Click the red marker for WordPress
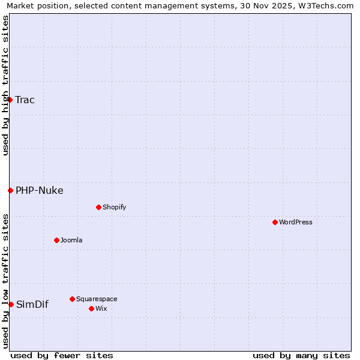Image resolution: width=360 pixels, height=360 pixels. point(275,222)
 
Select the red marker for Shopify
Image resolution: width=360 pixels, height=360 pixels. point(98,207)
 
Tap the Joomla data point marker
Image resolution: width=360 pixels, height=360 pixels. point(56,240)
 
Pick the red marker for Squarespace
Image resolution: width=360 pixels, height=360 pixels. point(72,299)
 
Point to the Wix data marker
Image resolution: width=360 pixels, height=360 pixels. point(91,308)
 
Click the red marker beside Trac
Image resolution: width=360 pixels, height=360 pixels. point(10,100)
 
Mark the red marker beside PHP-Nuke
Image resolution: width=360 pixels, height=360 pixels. point(10,190)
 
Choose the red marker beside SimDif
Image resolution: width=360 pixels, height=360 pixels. point(11,304)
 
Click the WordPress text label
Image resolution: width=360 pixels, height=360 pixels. point(296,222)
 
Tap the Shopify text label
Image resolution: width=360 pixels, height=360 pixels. point(114,207)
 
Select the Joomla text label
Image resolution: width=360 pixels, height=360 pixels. point(71,240)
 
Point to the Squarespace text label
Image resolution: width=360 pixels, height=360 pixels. point(97,299)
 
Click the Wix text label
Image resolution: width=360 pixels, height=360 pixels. point(101,308)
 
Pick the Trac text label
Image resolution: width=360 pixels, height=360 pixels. point(25,100)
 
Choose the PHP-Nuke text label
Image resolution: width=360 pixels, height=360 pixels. point(39,190)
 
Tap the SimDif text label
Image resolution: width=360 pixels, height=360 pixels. point(32,304)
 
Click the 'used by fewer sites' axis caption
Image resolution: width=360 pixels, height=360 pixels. point(62,355)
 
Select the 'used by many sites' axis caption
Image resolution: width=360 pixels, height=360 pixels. point(301,355)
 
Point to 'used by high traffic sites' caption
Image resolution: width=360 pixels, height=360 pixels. point(5,85)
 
